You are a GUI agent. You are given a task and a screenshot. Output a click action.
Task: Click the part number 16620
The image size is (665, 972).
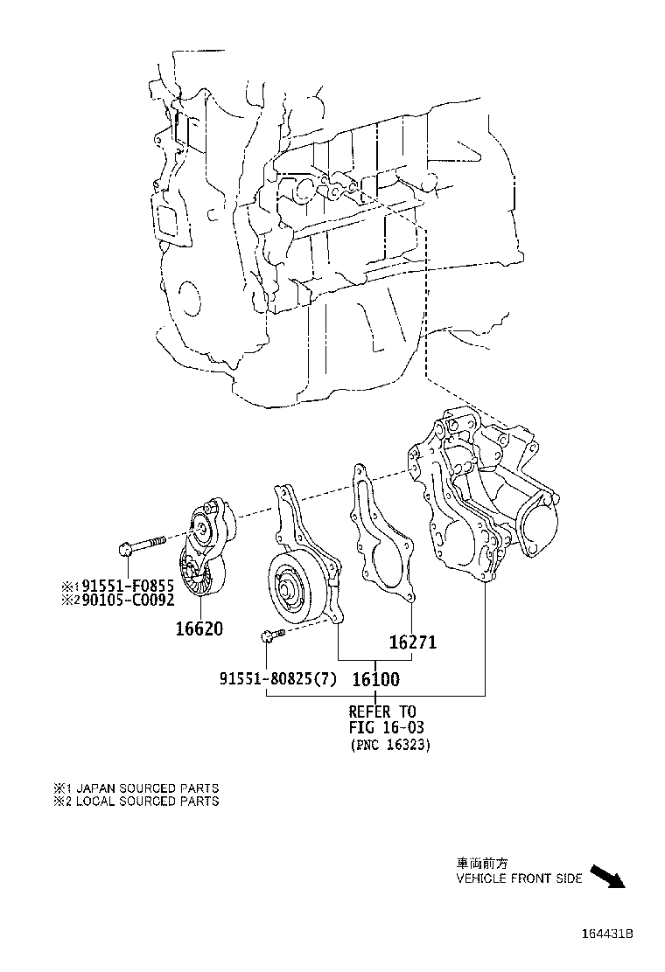(x=198, y=628)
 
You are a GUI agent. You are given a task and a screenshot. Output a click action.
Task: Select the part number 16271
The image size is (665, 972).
(x=412, y=642)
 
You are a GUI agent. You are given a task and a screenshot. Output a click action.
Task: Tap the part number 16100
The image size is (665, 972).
(x=375, y=678)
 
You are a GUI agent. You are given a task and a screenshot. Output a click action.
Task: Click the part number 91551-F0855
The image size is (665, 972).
(x=122, y=586)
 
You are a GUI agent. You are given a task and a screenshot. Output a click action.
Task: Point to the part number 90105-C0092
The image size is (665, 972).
(x=122, y=600)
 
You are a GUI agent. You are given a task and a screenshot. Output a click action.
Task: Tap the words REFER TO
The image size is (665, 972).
(x=382, y=712)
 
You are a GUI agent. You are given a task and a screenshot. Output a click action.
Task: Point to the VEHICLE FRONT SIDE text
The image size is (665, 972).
(x=519, y=878)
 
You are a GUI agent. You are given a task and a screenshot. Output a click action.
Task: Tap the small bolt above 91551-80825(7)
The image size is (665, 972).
(x=271, y=635)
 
